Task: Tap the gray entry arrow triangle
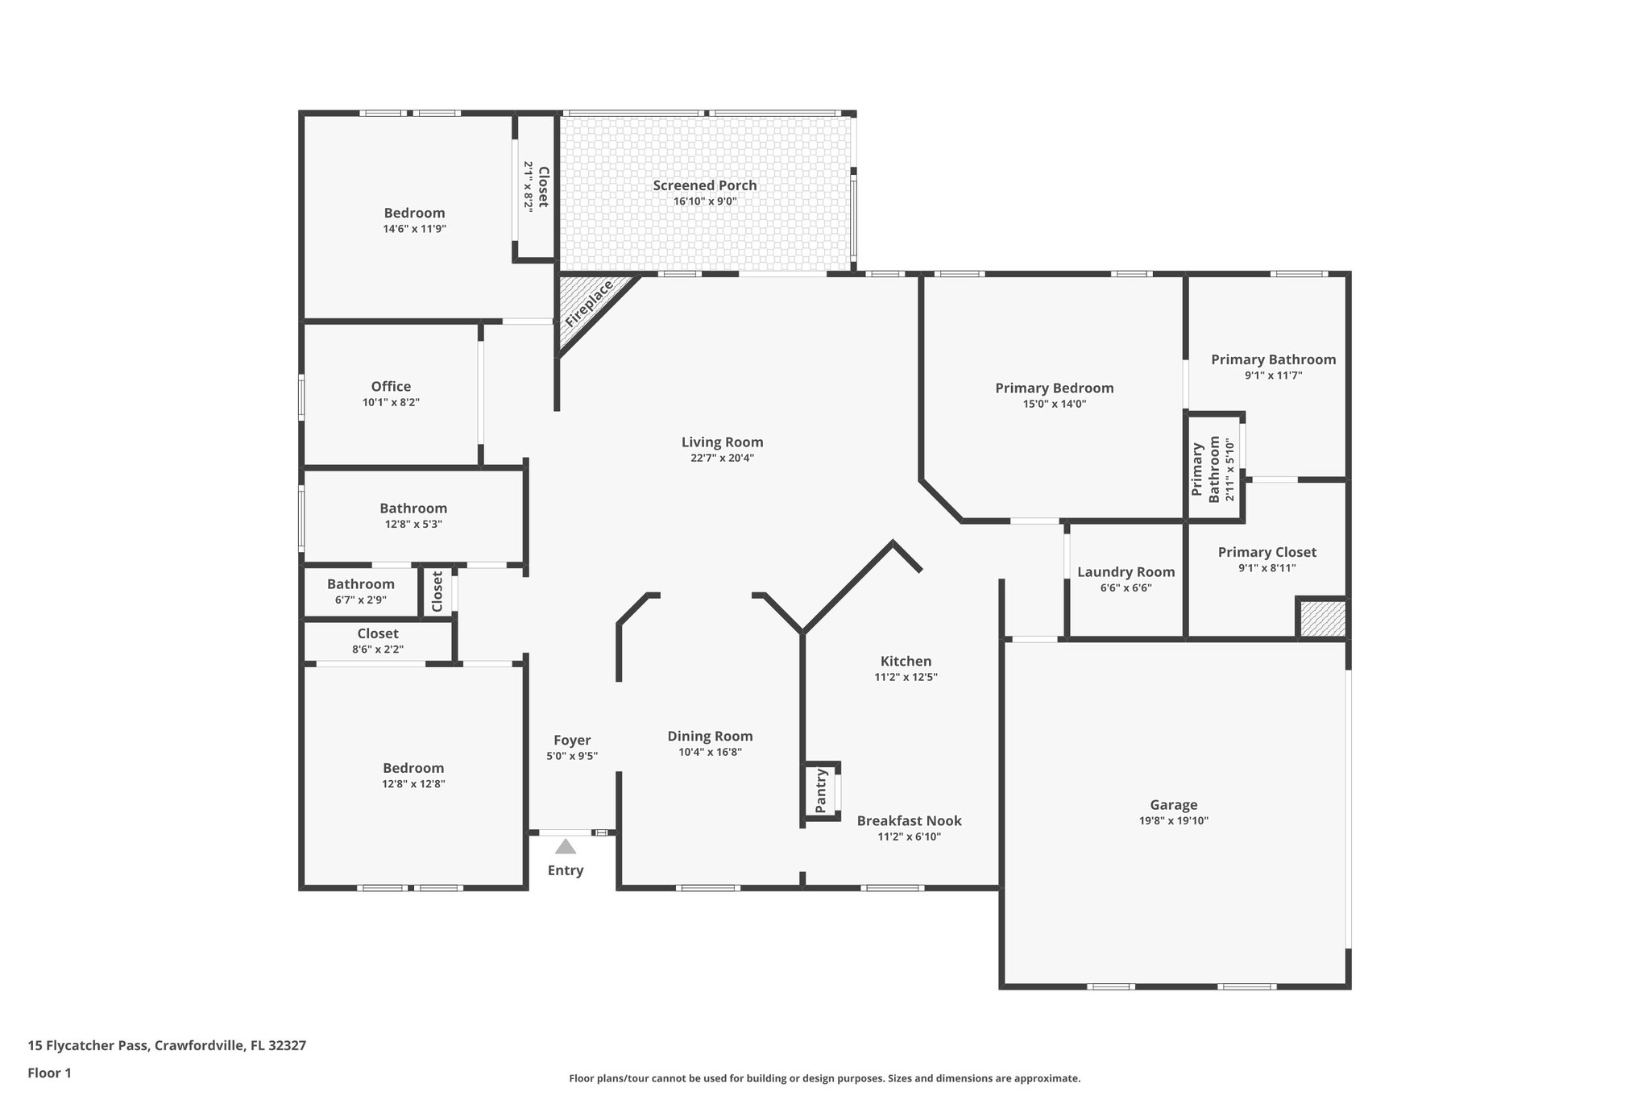coord(566,847)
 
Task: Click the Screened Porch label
coord(705,185)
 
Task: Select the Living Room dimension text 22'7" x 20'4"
coord(722,458)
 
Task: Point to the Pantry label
coord(821,791)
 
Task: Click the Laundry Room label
coord(1126,572)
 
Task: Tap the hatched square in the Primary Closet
coord(1320,618)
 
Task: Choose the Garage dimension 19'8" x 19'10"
coord(1173,821)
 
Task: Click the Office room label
coord(391,387)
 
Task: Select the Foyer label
coord(572,741)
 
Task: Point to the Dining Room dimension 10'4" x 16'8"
coord(710,752)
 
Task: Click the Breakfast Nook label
coord(909,821)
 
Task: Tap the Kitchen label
coord(906,662)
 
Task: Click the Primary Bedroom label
coord(1054,388)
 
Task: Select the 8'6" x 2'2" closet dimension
coord(377,649)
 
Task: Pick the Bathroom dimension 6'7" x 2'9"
coord(360,600)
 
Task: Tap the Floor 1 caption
coord(49,1073)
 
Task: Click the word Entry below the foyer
coord(566,870)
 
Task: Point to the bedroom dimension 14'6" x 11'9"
coord(414,229)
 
